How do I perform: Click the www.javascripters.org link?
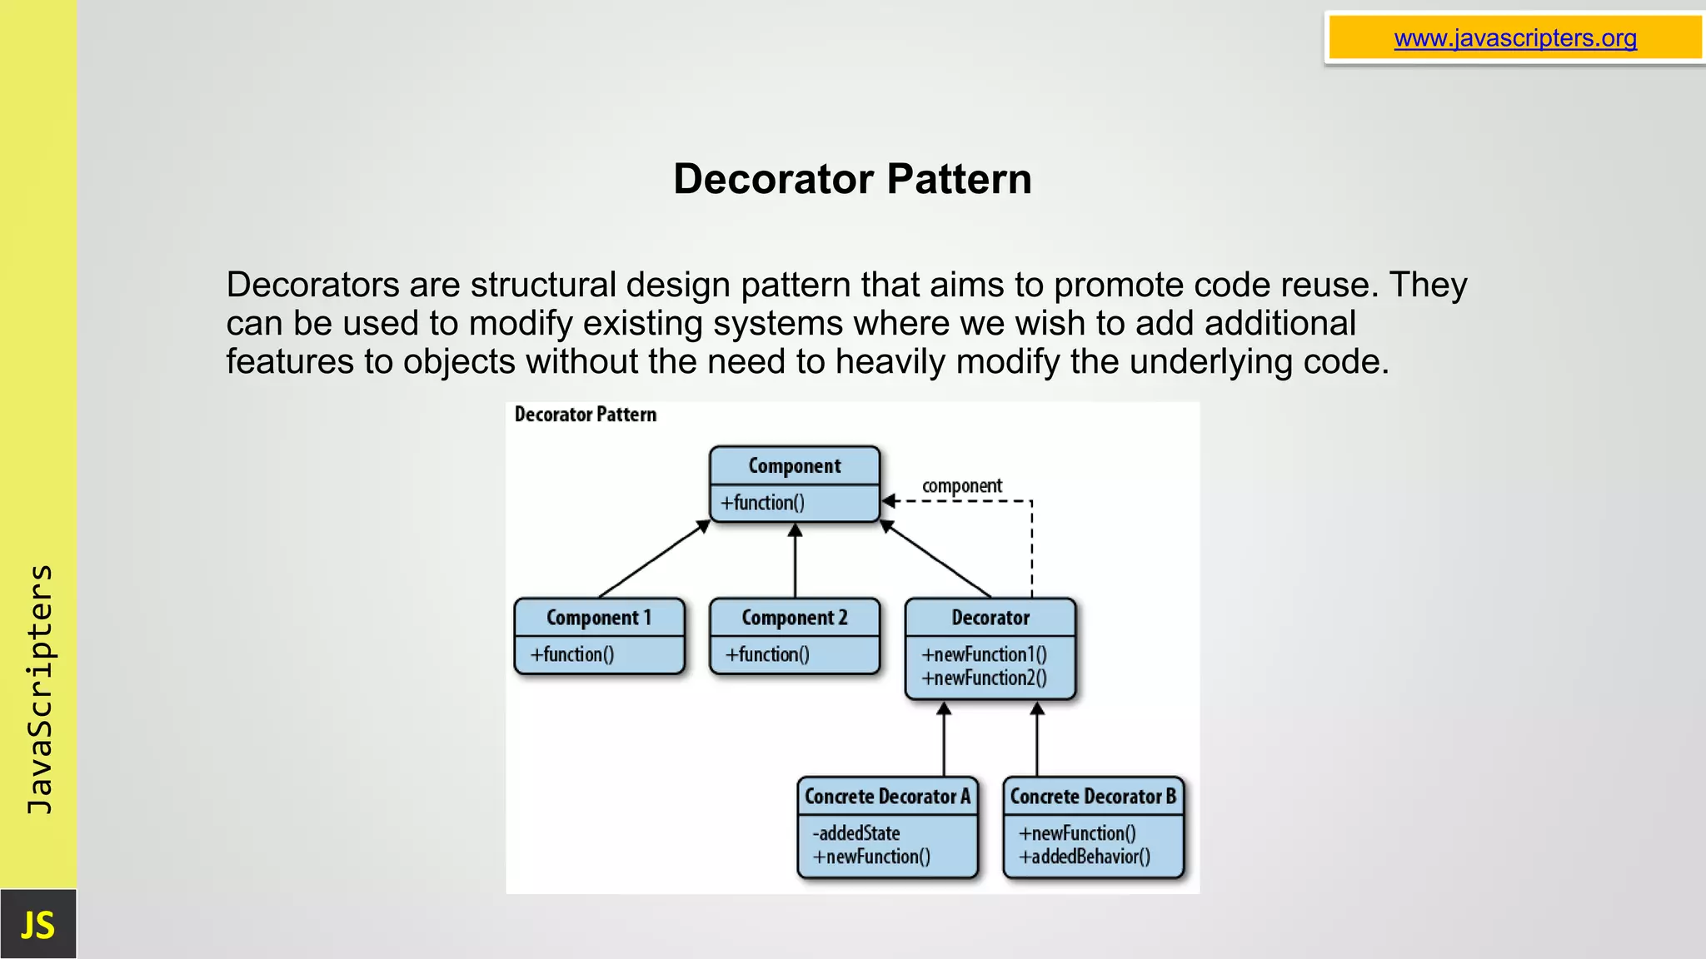[x=1514, y=38]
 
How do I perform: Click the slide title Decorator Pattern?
[x=852, y=179]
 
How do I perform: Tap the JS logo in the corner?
[x=37, y=925]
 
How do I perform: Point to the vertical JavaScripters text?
[x=39, y=689]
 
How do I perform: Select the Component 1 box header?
[x=599, y=618]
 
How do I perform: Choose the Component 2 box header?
[x=795, y=618]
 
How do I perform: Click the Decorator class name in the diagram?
[x=990, y=618]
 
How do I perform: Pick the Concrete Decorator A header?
[x=887, y=797]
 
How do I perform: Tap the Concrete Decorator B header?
[x=1093, y=797]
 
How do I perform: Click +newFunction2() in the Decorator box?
[x=984, y=678]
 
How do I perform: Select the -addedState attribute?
[x=856, y=833]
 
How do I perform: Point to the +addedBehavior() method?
[x=1085, y=857]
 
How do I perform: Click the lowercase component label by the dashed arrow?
[x=961, y=485]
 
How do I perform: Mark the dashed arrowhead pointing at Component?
[x=890, y=501]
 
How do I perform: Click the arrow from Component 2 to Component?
[x=795, y=562]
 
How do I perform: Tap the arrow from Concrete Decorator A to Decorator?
[x=944, y=741]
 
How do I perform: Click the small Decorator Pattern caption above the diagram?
[x=585, y=415]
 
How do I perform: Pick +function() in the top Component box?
[x=762, y=503]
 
